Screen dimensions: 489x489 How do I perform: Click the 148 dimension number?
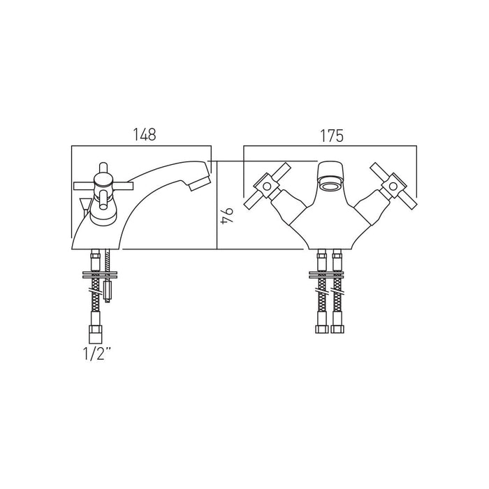145,134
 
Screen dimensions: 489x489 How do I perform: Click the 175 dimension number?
332,136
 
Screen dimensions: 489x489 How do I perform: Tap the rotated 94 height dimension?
227,215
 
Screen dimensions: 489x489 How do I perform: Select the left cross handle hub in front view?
267,187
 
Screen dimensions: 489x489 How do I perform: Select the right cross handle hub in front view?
393,187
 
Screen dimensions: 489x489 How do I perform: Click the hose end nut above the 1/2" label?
96,333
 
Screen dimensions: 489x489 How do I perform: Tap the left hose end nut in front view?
322,329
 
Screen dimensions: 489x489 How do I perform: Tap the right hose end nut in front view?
337,329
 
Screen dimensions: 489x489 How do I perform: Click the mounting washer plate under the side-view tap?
99,275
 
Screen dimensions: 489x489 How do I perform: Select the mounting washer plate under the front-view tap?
326,275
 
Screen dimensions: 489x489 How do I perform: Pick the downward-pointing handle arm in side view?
103,201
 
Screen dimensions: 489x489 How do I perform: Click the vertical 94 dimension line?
217,205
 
